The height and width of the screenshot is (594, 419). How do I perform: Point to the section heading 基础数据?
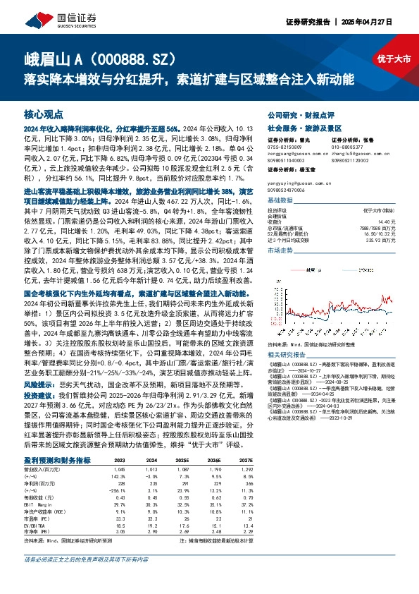click(x=280, y=200)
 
